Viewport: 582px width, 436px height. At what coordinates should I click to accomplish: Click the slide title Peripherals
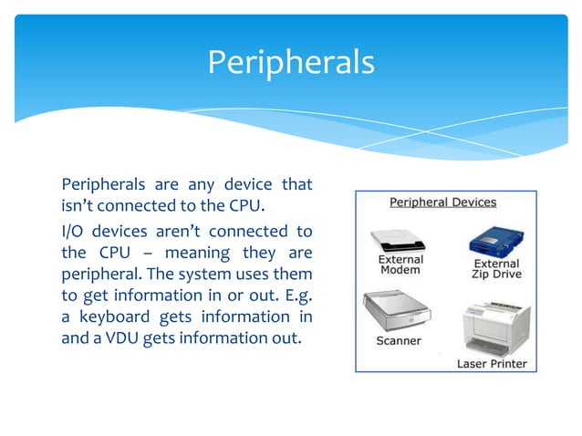coord(290,62)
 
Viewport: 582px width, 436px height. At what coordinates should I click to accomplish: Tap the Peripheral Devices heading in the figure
coord(443,202)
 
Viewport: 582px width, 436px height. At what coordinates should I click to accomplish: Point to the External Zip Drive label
coord(496,269)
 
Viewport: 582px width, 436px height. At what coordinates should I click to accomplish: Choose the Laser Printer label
coord(491,363)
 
